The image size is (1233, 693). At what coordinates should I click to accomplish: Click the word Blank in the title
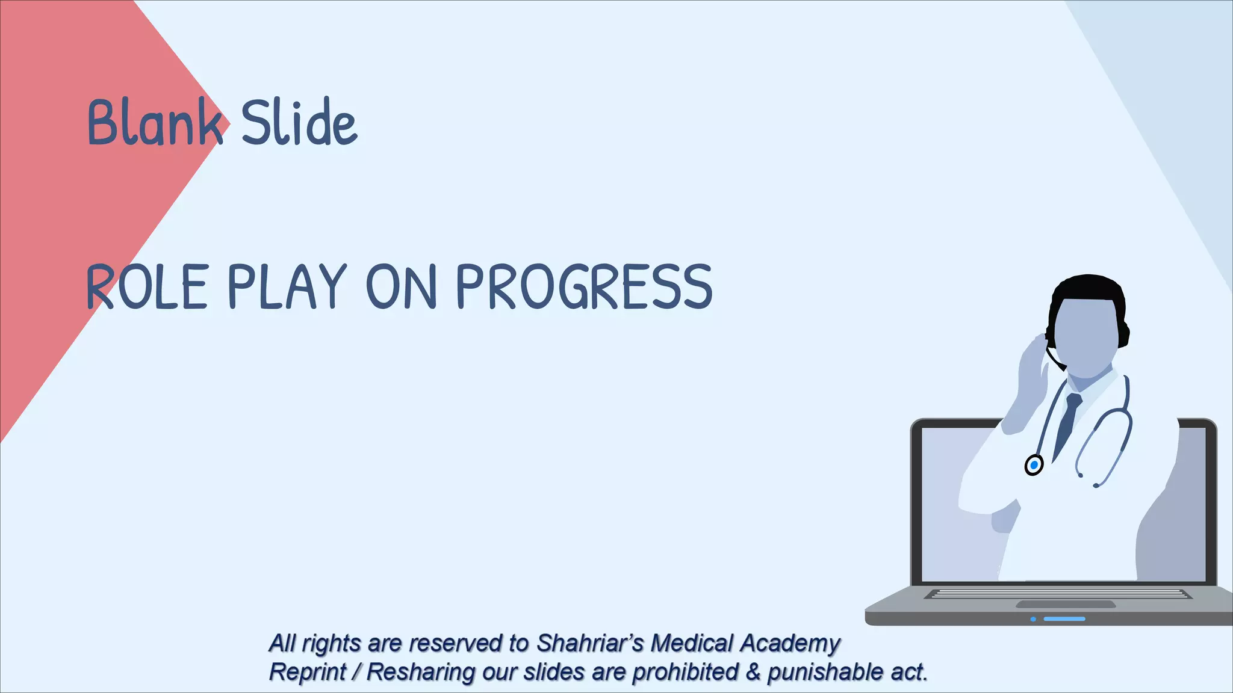pyautogui.click(x=154, y=123)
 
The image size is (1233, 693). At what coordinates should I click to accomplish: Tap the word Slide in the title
pyautogui.click(x=299, y=123)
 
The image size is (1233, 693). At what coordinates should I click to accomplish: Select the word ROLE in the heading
pyautogui.click(x=148, y=287)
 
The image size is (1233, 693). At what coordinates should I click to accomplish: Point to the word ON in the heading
pyautogui.click(x=401, y=287)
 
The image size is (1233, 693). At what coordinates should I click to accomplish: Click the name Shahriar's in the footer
pyautogui.click(x=590, y=643)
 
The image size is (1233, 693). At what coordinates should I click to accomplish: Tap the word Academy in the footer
pyautogui.click(x=790, y=643)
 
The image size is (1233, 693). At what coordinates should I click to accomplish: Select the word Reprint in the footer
pyautogui.click(x=307, y=672)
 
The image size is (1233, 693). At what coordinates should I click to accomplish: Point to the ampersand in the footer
pyautogui.click(x=753, y=672)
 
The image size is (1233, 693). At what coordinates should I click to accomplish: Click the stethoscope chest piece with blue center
pyautogui.click(x=1034, y=465)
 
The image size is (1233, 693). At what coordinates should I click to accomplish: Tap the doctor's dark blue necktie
pyautogui.click(x=1067, y=421)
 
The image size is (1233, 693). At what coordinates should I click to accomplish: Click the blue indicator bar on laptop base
pyautogui.click(x=1064, y=618)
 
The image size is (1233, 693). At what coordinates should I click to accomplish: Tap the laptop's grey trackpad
pyautogui.click(x=1065, y=604)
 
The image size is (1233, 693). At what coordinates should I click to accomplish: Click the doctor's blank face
pyautogui.click(x=1087, y=337)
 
